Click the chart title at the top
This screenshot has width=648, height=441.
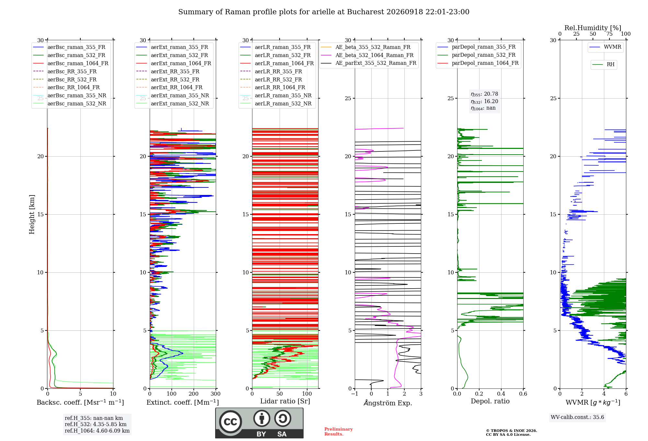(324, 12)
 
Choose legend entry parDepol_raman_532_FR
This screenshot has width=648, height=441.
(476, 55)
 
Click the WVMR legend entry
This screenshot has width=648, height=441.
(605, 47)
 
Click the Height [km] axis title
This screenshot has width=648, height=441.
(32, 214)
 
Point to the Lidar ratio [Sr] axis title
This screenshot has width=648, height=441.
(285, 401)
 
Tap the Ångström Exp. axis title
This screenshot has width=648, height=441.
(388, 403)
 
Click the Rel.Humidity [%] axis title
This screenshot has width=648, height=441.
(593, 28)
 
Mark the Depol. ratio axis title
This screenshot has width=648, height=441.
(490, 401)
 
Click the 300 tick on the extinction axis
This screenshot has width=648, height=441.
(216, 394)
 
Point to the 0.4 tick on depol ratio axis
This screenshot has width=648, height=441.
(501, 394)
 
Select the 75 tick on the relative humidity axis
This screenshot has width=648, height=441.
(609, 34)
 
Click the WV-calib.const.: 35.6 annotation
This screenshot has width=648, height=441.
(577, 417)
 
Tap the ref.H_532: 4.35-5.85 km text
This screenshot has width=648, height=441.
(96, 424)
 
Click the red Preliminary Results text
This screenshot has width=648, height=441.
(339, 432)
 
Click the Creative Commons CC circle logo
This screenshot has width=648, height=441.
(230, 422)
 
